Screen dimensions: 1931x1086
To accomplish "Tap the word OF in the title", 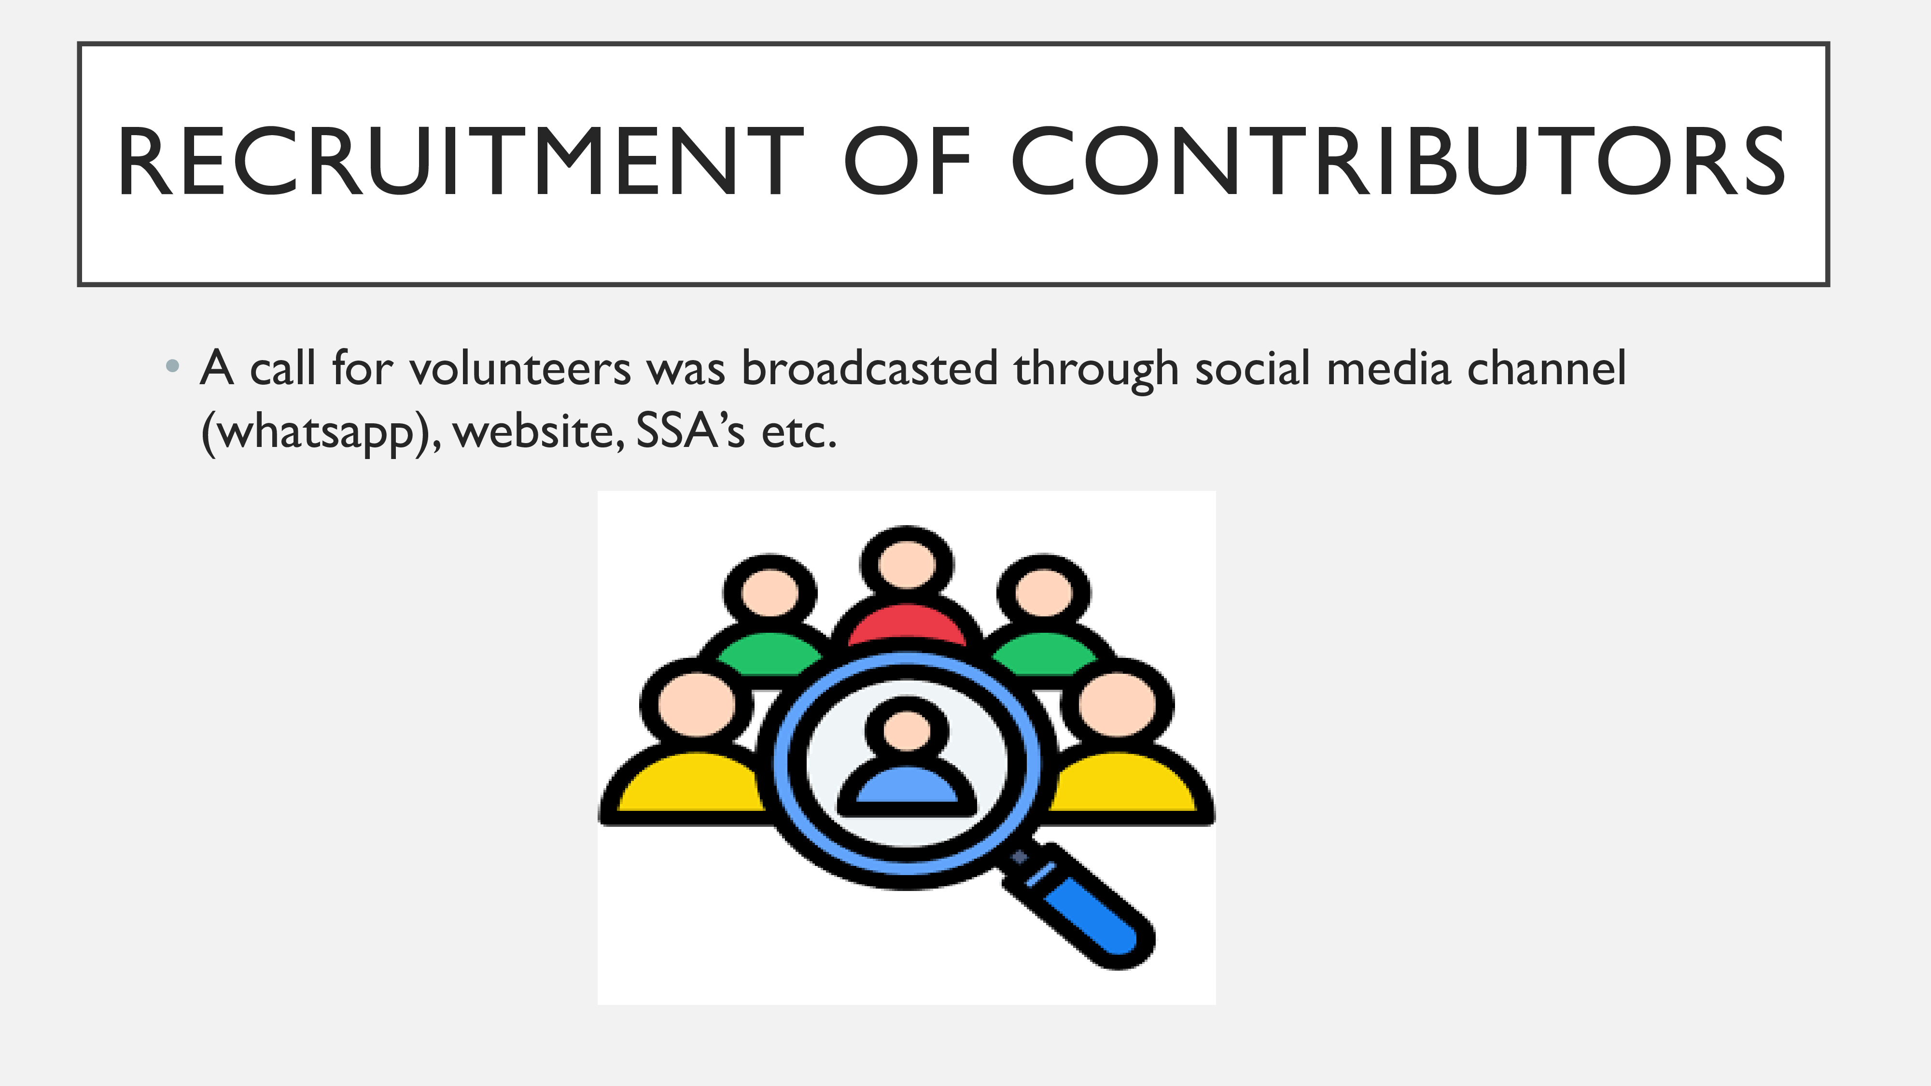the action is click(908, 162).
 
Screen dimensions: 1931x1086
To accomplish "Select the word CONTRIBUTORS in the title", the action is click(1399, 162).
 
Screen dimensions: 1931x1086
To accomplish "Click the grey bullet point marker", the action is click(172, 366).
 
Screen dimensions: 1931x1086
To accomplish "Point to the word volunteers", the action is click(520, 369).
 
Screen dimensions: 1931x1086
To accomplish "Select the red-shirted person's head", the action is click(907, 562).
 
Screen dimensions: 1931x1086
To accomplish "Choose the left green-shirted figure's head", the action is click(770, 591).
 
